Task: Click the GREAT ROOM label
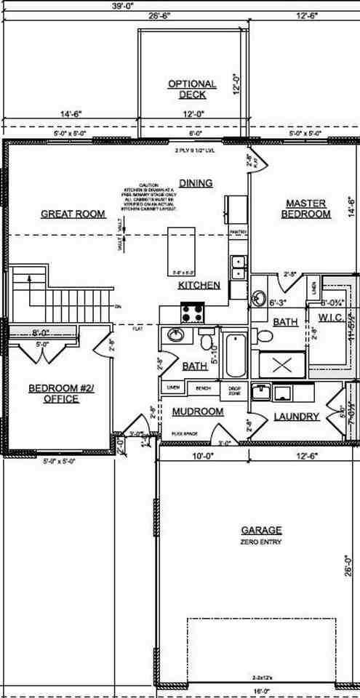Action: coord(73,214)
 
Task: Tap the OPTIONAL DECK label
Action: coord(192,89)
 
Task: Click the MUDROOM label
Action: coord(197,412)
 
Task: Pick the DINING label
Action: coord(196,183)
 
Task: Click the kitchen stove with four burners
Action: coord(193,313)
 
